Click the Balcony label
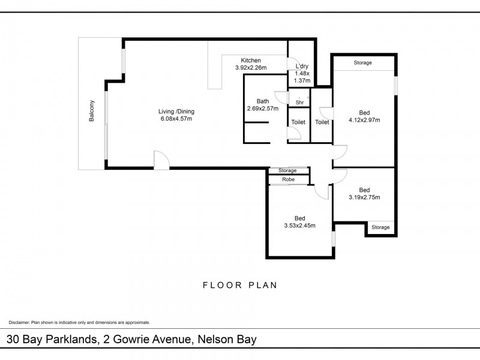92,111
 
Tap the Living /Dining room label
176,112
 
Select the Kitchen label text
250,60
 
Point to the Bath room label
263,101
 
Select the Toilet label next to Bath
298,122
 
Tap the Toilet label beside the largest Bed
322,122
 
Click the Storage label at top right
362,63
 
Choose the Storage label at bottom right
380,227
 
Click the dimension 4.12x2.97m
364,120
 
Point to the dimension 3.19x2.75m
364,197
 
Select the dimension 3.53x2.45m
299,226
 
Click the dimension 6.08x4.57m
176,119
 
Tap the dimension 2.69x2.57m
263,109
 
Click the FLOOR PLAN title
239,286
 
